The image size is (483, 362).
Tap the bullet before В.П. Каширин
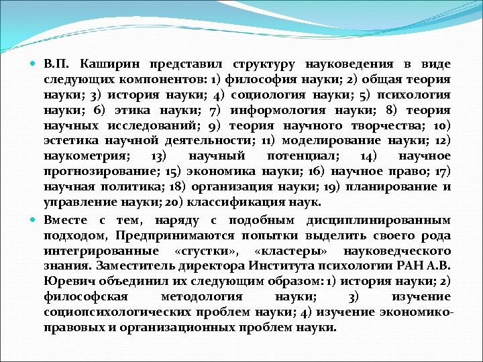click(36, 65)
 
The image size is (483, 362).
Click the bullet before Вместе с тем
click(36, 220)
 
